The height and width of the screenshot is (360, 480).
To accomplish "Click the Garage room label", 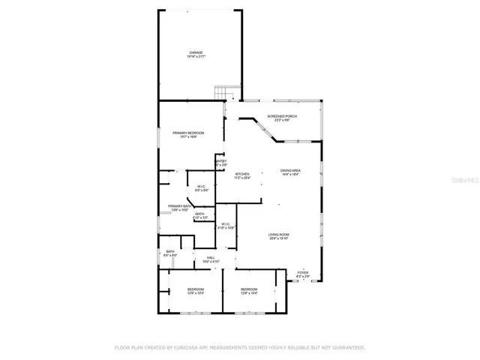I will (x=196, y=52).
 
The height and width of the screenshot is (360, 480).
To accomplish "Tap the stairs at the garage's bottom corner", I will (x=222, y=93).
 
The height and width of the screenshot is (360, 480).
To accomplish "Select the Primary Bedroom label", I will (x=188, y=133).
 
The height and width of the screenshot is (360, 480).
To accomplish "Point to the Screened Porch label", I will (x=285, y=116).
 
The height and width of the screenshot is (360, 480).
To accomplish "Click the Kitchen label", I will (x=241, y=174).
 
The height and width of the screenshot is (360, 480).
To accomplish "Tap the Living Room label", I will (x=279, y=235).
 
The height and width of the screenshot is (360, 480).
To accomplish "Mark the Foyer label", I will (x=302, y=273).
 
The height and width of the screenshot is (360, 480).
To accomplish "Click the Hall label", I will (x=211, y=257).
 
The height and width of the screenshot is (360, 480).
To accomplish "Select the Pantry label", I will (x=220, y=160).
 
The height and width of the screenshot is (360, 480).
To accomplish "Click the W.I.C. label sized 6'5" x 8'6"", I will (x=202, y=186).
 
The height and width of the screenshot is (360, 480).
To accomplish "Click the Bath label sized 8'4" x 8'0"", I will (x=170, y=251).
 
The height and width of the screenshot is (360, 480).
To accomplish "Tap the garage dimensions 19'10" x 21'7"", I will (x=196, y=57).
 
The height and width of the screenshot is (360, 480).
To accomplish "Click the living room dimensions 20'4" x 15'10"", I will (x=279, y=239).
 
